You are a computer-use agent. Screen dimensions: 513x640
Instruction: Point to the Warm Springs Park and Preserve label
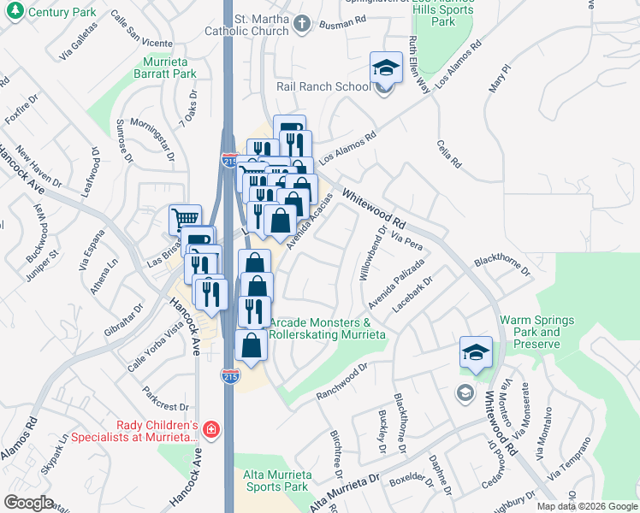(x=542, y=333)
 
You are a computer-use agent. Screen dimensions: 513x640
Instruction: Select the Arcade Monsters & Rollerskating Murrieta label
(x=327, y=328)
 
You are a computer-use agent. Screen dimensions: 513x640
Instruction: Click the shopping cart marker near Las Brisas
(x=185, y=219)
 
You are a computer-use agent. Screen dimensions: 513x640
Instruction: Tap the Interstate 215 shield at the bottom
(x=230, y=375)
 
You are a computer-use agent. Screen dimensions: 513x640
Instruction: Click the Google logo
(x=29, y=503)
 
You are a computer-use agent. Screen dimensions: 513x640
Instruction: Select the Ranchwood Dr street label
(x=341, y=382)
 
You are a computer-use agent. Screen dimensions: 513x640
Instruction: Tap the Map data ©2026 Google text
(x=587, y=506)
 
